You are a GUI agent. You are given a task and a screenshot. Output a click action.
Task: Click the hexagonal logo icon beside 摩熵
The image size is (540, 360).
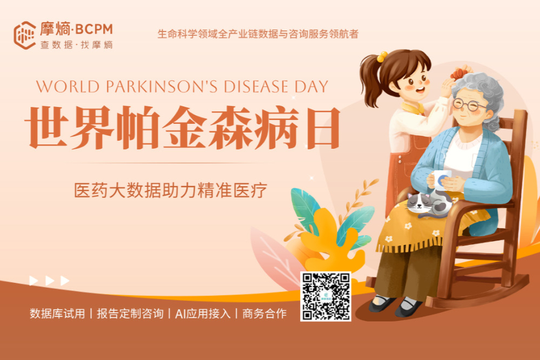click(x=24, y=35)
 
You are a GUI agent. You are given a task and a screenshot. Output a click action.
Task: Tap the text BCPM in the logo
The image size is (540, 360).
click(x=94, y=30)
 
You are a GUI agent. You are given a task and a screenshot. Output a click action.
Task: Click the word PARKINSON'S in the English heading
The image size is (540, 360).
click(x=162, y=86)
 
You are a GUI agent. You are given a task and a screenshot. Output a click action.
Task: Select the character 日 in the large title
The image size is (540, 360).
click(x=323, y=128)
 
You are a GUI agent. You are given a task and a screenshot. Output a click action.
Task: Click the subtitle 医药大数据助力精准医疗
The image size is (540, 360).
click(x=171, y=190)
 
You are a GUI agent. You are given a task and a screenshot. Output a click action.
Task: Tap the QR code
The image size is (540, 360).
click(x=326, y=296)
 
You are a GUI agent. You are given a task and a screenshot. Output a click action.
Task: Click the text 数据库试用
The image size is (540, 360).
click(x=57, y=313)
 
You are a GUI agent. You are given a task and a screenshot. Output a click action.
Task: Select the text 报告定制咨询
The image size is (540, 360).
click(x=130, y=313)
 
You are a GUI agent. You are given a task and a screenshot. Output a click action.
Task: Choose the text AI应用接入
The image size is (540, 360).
click(x=202, y=313)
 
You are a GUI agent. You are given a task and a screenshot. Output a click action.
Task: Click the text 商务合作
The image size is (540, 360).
click(x=264, y=313)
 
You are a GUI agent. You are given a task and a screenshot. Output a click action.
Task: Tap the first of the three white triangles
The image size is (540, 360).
click(x=34, y=281)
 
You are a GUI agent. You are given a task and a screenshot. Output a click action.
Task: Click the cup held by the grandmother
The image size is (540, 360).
click(x=441, y=179)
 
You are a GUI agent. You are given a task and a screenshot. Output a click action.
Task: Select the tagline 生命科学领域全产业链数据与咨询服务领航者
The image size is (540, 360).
click(x=258, y=34)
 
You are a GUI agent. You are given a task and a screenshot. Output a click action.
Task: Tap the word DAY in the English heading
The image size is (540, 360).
click(x=312, y=86)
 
